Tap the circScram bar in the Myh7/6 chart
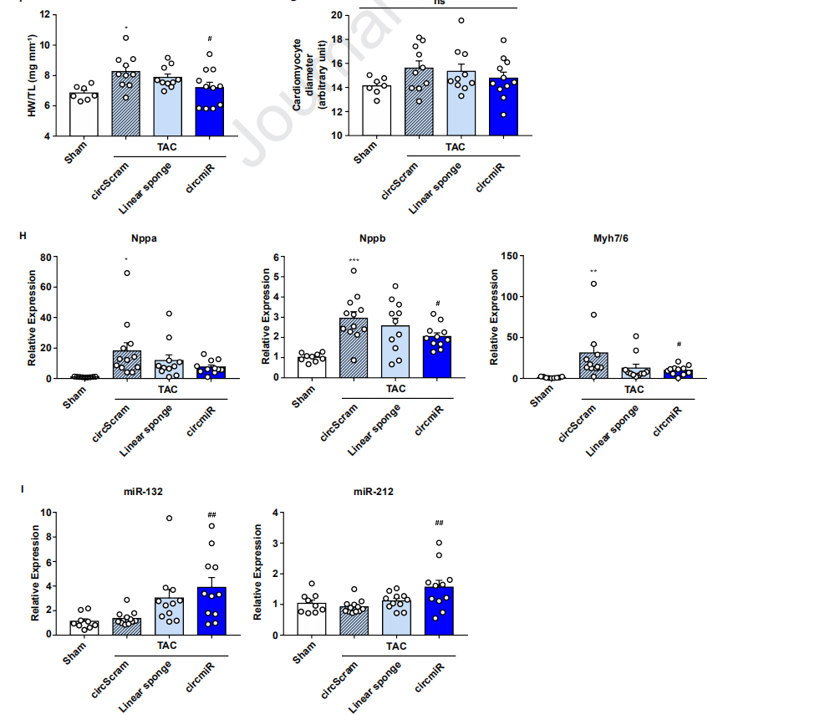(x=593, y=366)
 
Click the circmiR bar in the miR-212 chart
(x=438, y=611)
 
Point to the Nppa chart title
(x=144, y=237)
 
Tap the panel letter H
(x=23, y=236)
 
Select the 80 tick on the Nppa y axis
(x=48, y=257)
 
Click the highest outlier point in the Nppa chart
(x=127, y=273)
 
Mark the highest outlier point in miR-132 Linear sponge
(x=169, y=518)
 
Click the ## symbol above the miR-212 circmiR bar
(x=438, y=523)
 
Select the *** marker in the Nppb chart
(x=354, y=260)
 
